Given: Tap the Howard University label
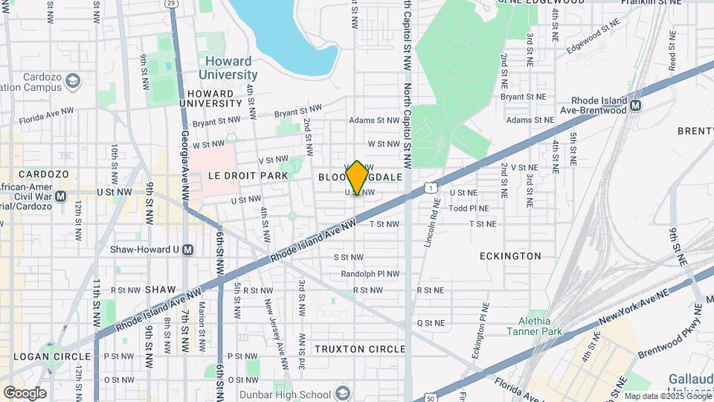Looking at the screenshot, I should coord(228,68).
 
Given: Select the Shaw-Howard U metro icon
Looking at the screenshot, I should coord(187,249).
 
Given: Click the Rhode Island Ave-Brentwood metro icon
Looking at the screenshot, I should coord(635,106).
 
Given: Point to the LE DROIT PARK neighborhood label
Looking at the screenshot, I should coord(226,176).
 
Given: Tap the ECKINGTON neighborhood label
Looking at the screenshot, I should coord(511,256).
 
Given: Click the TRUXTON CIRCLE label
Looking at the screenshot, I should coord(360,349).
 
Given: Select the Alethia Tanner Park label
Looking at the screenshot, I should coord(535,325).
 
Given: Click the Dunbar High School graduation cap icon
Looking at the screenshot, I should coord(343,393).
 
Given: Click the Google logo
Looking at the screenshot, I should coord(25,392).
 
